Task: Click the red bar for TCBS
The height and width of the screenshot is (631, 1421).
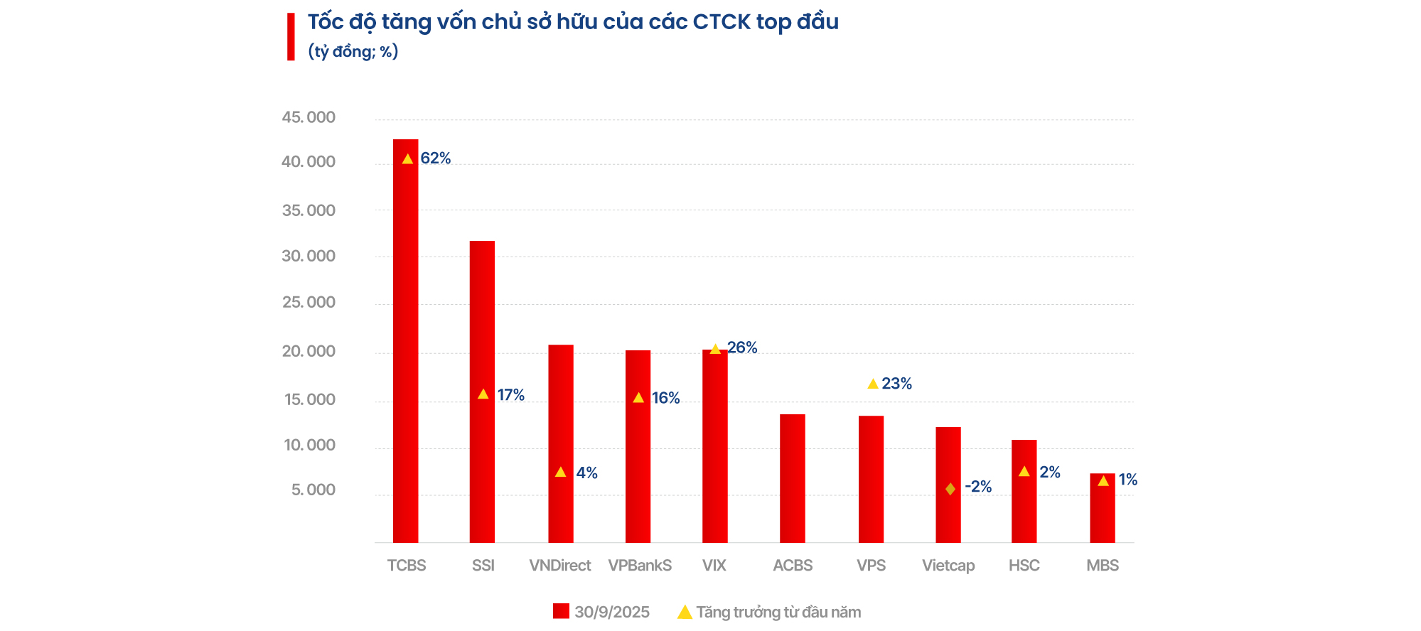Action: [x=405, y=341]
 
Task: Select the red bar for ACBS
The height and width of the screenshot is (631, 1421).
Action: [x=792, y=478]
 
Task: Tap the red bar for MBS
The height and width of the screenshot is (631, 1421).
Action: [x=1102, y=508]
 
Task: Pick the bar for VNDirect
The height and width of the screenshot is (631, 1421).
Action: [x=560, y=443]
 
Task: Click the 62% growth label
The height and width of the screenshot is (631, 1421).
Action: [x=436, y=158]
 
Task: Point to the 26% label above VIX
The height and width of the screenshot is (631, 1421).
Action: [x=742, y=347]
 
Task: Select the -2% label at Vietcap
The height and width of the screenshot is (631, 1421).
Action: [x=978, y=487]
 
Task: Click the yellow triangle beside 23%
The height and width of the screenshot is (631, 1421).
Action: [x=873, y=384]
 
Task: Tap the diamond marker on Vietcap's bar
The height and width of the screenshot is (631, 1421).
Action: [x=950, y=489]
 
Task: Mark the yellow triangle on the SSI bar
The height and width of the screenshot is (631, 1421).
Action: [x=483, y=394]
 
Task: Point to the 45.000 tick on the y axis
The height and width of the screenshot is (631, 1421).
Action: [x=309, y=117]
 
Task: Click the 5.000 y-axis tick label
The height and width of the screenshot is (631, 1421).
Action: [x=313, y=490]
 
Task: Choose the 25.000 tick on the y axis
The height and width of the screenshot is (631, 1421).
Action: [x=309, y=302]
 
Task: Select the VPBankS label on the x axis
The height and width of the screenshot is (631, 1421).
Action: [x=640, y=566]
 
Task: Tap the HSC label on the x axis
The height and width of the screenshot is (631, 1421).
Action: [x=1024, y=566]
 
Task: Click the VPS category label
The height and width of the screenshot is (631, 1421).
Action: [x=871, y=566]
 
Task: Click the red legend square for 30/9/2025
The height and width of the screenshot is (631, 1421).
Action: [x=561, y=611]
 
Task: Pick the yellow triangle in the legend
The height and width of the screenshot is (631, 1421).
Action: [x=685, y=613]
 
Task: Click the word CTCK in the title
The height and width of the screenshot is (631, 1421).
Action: [x=722, y=22]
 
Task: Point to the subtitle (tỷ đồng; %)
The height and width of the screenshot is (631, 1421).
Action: [x=353, y=52]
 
